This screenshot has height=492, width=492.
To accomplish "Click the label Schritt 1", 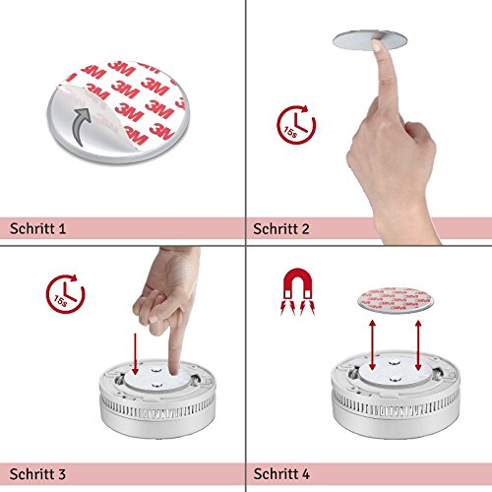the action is click(x=37, y=228).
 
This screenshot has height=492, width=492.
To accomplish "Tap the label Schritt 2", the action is click(x=281, y=228).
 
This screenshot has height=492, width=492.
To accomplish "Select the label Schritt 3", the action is click(x=37, y=474).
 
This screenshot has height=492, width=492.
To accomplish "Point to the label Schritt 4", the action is click(x=281, y=474).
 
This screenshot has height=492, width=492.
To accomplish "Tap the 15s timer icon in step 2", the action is click(x=296, y=125).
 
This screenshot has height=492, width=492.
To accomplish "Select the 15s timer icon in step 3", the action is click(x=66, y=294).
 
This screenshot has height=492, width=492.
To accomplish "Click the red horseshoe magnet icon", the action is click(x=297, y=291).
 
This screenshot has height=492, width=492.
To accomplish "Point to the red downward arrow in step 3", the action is click(x=135, y=354).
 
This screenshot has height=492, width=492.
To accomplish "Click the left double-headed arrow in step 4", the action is click(x=372, y=345).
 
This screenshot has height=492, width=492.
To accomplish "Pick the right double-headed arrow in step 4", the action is click(x=418, y=345).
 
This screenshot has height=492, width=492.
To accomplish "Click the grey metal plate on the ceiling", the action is click(x=370, y=40).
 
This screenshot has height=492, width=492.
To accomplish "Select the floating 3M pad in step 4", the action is click(x=395, y=300).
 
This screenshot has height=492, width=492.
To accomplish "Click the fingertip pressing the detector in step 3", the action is click(x=175, y=371).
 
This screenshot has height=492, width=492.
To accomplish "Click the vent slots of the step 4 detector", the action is click(x=396, y=406).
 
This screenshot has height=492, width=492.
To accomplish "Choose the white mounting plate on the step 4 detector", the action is click(x=395, y=372).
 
